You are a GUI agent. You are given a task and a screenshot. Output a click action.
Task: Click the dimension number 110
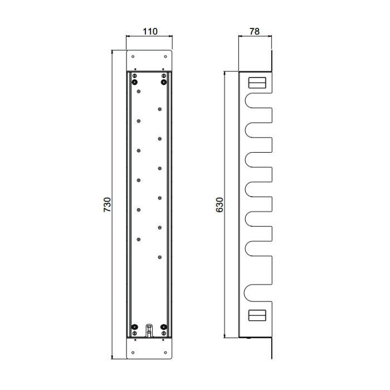(150, 31)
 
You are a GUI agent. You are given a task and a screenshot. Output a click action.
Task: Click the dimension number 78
(255, 31)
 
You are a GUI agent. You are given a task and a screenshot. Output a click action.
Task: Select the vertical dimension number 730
(107, 204)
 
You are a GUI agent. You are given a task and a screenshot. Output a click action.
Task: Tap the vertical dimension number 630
(220, 204)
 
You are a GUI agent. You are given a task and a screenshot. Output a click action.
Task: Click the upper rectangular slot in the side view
(257, 83)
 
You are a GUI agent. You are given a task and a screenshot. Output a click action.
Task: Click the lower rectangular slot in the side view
(257, 315)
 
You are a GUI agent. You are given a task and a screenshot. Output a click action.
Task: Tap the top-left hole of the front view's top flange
(133, 57)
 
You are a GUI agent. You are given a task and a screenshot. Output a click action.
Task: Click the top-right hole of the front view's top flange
(165, 57)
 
